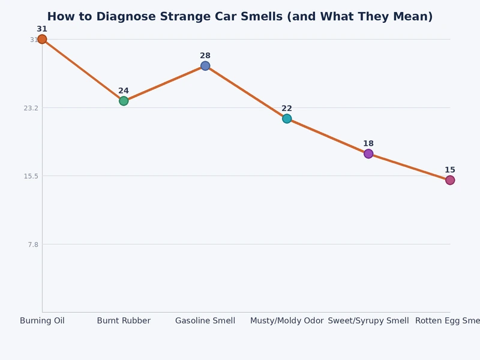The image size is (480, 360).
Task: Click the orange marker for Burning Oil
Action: pyautogui.click(x=42, y=40)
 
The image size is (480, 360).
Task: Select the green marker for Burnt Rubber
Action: pyautogui.click(x=124, y=101)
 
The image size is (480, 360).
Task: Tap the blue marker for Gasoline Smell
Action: pyautogui.click(x=205, y=66)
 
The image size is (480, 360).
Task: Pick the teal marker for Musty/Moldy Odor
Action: pyautogui.click(x=287, y=119)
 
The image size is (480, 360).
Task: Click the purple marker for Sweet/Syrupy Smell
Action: pyautogui.click(x=368, y=154)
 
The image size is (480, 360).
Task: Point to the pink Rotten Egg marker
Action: pyautogui.click(x=450, y=180)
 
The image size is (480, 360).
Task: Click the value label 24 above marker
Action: pyautogui.click(x=124, y=91)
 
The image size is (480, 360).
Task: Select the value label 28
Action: pyautogui.click(x=205, y=56)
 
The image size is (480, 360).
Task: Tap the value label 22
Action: pyautogui.click(x=287, y=109)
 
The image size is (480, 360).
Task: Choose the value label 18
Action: pyautogui.click(x=368, y=143)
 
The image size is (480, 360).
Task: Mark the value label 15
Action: pyautogui.click(x=450, y=170)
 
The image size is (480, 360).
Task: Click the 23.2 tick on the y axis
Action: pyautogui.click(x=31, y=108)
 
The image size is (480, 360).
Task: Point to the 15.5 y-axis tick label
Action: pyautogui.click(x=31, y=176)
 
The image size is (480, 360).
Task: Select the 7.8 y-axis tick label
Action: pyautogui.click(x=32, y=244)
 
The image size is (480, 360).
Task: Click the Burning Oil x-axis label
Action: pyautogui.click(x=42, y=321)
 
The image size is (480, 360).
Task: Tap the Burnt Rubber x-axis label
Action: pyautogui.click(x=124, y=321)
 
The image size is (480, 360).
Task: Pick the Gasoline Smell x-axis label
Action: pyautogui.click(x=205, y=321)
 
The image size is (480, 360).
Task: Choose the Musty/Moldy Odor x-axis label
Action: pyautogui.click(x=287, y=321)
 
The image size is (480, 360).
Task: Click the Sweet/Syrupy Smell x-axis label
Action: pyautogui.click(x=368, y=321)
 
